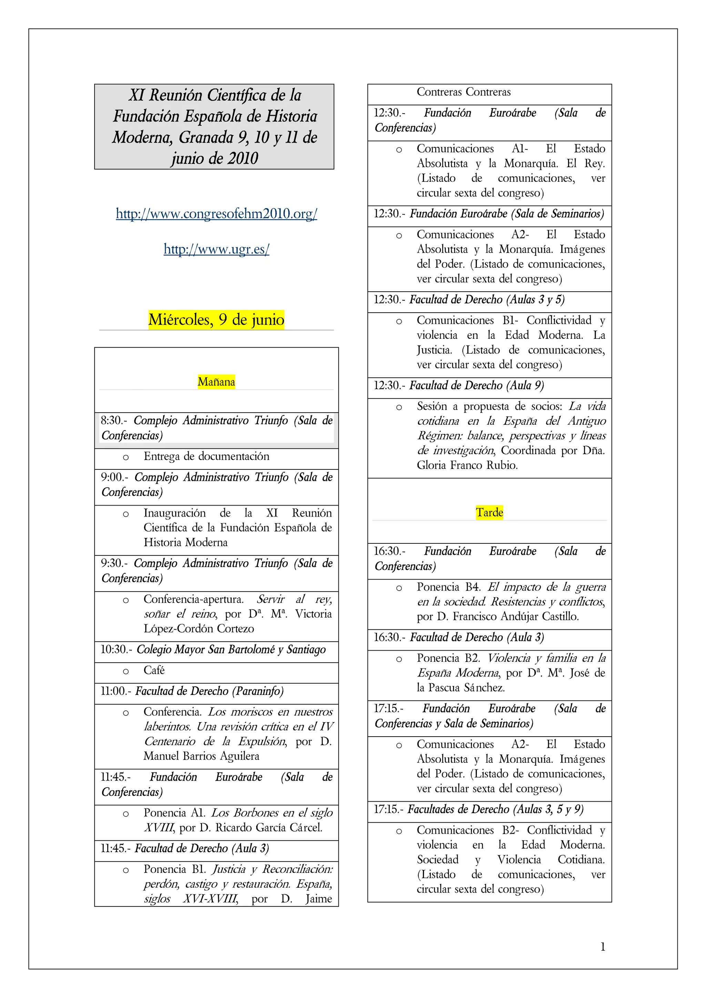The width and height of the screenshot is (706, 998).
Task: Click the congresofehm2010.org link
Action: pos(216,214)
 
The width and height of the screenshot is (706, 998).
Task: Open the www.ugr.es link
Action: pos(216,249)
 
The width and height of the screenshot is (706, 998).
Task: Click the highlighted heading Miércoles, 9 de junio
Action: pos(216,320)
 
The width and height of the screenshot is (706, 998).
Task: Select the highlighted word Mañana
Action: pos(216,382)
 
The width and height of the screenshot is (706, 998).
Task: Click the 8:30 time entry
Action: pos(111,420)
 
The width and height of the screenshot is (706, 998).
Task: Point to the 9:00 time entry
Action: pos(112,477)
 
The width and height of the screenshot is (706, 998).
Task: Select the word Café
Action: pos(154,670)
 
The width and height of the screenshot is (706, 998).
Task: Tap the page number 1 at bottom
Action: pos(603,946)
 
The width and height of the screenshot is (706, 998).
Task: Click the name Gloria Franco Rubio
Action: pos(467,465)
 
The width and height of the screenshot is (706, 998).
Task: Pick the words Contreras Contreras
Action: pos(463,92)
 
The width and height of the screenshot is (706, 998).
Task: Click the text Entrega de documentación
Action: pos(206,456)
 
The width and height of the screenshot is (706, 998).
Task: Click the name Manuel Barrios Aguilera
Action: pos(201,756)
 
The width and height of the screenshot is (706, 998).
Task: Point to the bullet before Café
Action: pos(126,672)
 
